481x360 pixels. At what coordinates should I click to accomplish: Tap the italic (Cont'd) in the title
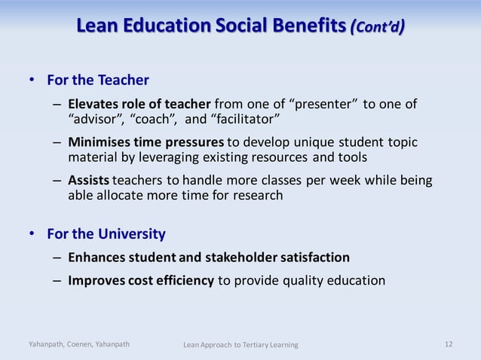378,28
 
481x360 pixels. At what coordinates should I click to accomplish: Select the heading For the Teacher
98,80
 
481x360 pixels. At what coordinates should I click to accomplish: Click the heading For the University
106,233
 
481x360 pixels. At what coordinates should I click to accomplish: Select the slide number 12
449,344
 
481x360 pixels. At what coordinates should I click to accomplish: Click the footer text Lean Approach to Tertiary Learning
240,345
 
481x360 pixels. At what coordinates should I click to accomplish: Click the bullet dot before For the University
32,233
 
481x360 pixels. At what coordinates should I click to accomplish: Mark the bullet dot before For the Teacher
32,80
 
